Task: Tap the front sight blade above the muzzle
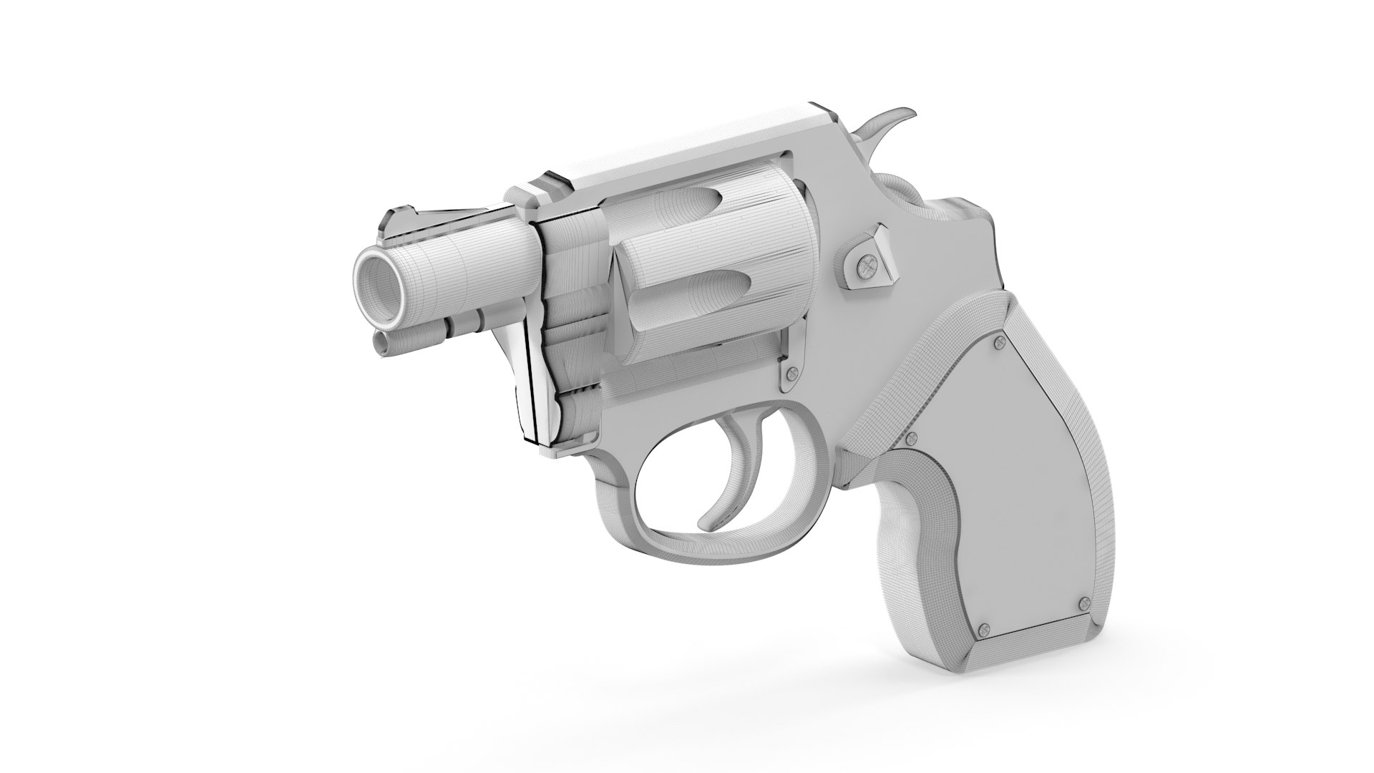click(x=395, y=221)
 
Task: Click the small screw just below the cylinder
click(x=791, y=372)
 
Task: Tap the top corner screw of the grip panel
click(x=999, y=345)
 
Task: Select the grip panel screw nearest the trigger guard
click(x=912, y=437)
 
